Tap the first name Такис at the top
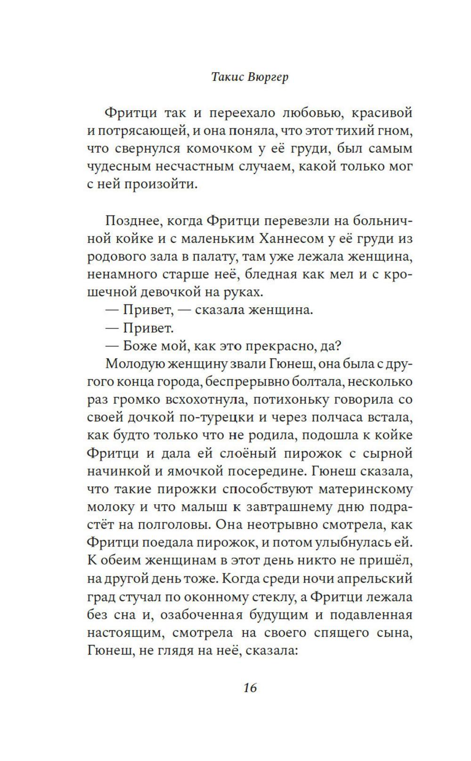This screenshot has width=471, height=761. (x=227, y=77)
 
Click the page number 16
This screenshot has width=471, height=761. (x=250, y=687)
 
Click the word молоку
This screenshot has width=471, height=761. (x=112, y=507)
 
